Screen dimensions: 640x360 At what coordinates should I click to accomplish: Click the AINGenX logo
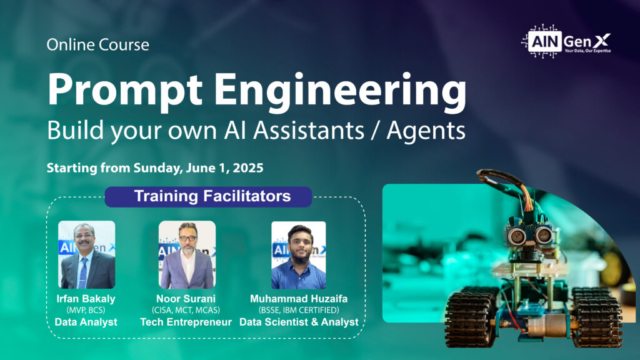pyautogui.click(x=566, y=41)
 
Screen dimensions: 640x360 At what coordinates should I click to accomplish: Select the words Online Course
pyautogui.click(x=98, y=44)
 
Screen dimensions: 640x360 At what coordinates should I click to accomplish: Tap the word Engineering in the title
pyautogui.click(x=341, y=91)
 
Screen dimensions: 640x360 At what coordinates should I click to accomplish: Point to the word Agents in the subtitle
pyautogui.click(x=426, y=131)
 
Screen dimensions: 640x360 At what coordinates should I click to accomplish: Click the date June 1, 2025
pyautogui.click(x=224, y=167)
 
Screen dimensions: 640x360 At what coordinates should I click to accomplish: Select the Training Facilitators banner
pyautogui.click(x=208, y=196)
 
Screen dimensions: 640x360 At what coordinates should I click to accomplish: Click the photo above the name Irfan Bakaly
pyautogui.click(x=86, y=255)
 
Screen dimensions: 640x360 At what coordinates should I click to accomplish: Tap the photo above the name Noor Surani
pyautogui.click(x=187, y=255)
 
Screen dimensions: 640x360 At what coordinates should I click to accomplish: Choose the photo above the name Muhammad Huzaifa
pyautogui.click(x=299, y=255)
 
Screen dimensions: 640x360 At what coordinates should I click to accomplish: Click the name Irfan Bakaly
pyautogui.click(x=86, y=299)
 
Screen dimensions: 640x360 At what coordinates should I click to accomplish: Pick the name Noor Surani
pyautogui.click(x=186, y=299)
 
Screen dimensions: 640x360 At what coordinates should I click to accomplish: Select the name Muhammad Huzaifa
pyautogui.click(x=299, y=299)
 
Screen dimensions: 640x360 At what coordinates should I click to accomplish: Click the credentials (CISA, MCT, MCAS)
pyautogui.click(x=186, y=310)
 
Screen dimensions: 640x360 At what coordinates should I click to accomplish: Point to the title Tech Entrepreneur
pyautogui.click(x=186, y=322)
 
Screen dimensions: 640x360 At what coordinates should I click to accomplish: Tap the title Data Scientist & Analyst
pyautogui.click(x=299, y=322)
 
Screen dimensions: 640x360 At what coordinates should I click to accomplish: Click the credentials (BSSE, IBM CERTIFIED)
pyautogui.click(x=299, y=310)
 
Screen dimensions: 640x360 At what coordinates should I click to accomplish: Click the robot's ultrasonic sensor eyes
pyautogui.click(x=530, y=235)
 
